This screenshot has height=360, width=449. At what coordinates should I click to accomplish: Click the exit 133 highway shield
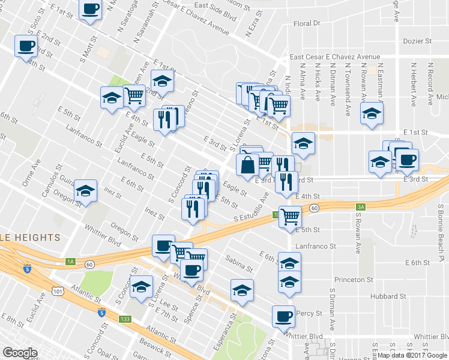[125, 319]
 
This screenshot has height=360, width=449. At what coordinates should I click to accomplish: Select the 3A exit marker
[360, 207]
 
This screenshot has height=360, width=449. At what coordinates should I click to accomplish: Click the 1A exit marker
[71, 262]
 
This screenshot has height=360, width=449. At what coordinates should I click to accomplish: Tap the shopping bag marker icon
[247, 165]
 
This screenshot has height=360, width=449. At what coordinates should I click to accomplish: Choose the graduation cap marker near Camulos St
[86, 191]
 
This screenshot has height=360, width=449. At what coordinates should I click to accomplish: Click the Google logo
[20, 353]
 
